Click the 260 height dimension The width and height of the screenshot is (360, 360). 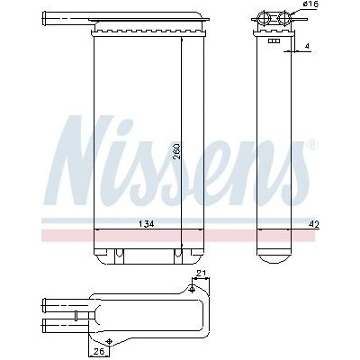pyautogui.click(x=176, y=151)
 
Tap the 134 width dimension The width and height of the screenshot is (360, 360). pyautogui.click(x=146, y=224)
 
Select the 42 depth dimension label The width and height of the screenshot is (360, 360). pyautogui.click(x=315, y=224)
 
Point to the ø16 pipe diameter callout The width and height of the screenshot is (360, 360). pyautogui.click(x=310, y=4)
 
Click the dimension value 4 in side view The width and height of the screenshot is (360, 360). pyautogui.click(x=307, y=46)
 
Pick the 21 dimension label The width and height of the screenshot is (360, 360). pyautogui.click(x=202, y=274)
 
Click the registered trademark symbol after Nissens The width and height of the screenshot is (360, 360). pyautogui.click(x=312, y=145)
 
